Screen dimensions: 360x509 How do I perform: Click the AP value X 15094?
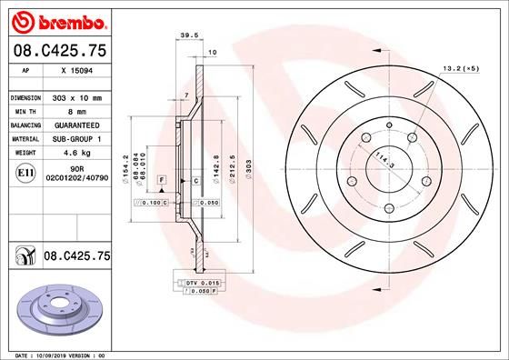click(x=77, y=69)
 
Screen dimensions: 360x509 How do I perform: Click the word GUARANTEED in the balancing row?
click(x=77, y=125)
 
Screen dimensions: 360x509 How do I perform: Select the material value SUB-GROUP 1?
click(x=77, y=139)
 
